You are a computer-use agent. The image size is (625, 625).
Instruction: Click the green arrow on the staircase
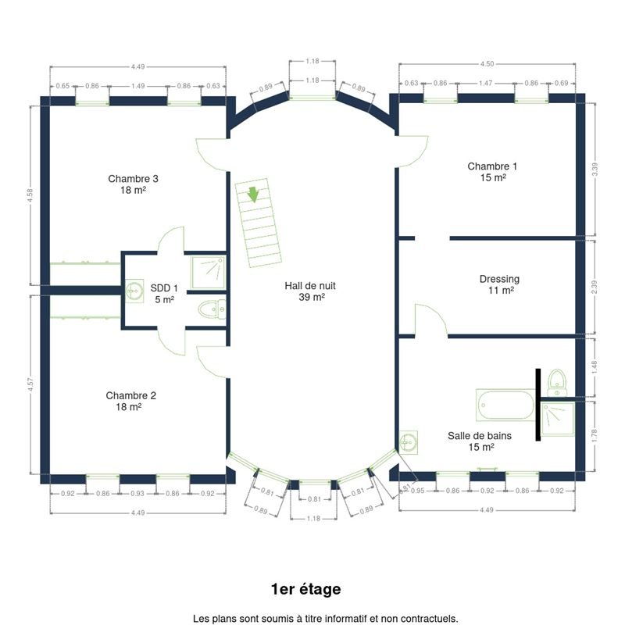point(253,195)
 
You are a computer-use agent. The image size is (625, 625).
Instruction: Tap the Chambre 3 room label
point(133,184)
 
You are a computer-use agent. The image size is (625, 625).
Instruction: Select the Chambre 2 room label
point(130,401)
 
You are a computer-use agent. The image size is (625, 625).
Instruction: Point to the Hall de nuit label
point(310,291)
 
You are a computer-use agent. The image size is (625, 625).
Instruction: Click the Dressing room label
point(499,284)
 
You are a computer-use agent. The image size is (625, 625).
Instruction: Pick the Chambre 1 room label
point(492,172)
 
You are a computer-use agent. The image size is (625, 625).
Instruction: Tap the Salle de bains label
point(480,441)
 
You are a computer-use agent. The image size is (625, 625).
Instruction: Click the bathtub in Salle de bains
point(505,405)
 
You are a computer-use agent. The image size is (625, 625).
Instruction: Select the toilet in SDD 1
point(212,309)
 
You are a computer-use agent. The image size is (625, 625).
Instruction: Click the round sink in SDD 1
point(134,291)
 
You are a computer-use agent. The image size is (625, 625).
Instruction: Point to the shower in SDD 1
point(208,273)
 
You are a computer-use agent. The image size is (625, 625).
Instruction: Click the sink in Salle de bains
point(408,442)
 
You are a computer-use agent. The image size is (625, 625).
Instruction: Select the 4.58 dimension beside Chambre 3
point(30,196)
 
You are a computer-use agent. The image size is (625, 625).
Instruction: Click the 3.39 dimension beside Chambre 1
point(595,170)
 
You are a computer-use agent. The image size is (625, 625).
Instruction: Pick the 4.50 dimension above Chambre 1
point(487,64)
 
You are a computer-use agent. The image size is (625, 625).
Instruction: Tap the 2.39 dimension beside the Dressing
point(595,287)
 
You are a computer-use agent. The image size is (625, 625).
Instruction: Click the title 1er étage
point(305,589)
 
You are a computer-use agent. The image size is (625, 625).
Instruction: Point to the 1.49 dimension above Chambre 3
point(138,86)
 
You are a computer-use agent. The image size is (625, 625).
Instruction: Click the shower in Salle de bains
point(558,419)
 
